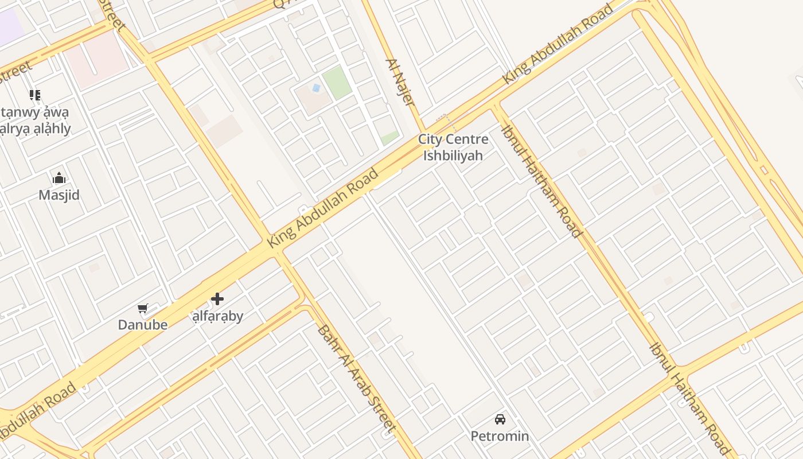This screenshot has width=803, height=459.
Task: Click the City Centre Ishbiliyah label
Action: [453, 147]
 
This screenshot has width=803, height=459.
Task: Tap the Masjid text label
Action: [59, 195]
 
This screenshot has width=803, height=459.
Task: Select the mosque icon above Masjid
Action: [59, 178]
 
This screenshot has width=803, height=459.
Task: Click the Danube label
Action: [143, 325]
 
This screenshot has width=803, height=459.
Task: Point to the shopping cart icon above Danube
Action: [143, 308]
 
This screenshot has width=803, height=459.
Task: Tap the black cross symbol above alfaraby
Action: [217, 299]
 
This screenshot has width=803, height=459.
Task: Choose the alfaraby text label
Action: [217, 316]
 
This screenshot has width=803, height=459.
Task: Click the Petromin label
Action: [500, 436]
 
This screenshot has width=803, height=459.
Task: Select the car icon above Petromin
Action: [500, 419]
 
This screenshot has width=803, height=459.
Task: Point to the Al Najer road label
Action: [400, 82]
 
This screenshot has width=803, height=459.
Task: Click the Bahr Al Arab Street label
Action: [356, 379]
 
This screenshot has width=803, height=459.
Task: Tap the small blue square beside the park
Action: [315, 88]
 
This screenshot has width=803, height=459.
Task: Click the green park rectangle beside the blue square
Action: [337, 82]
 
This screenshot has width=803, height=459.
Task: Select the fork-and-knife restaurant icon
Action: [35, 95]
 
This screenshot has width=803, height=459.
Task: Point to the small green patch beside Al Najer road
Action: [390, 138]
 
